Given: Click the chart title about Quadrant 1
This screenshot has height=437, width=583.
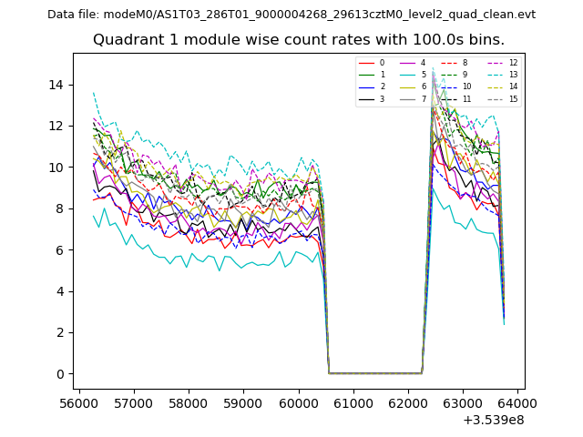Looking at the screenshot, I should [x=299, y=40].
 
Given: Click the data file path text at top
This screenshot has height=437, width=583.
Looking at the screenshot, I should [x=291, y=15].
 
